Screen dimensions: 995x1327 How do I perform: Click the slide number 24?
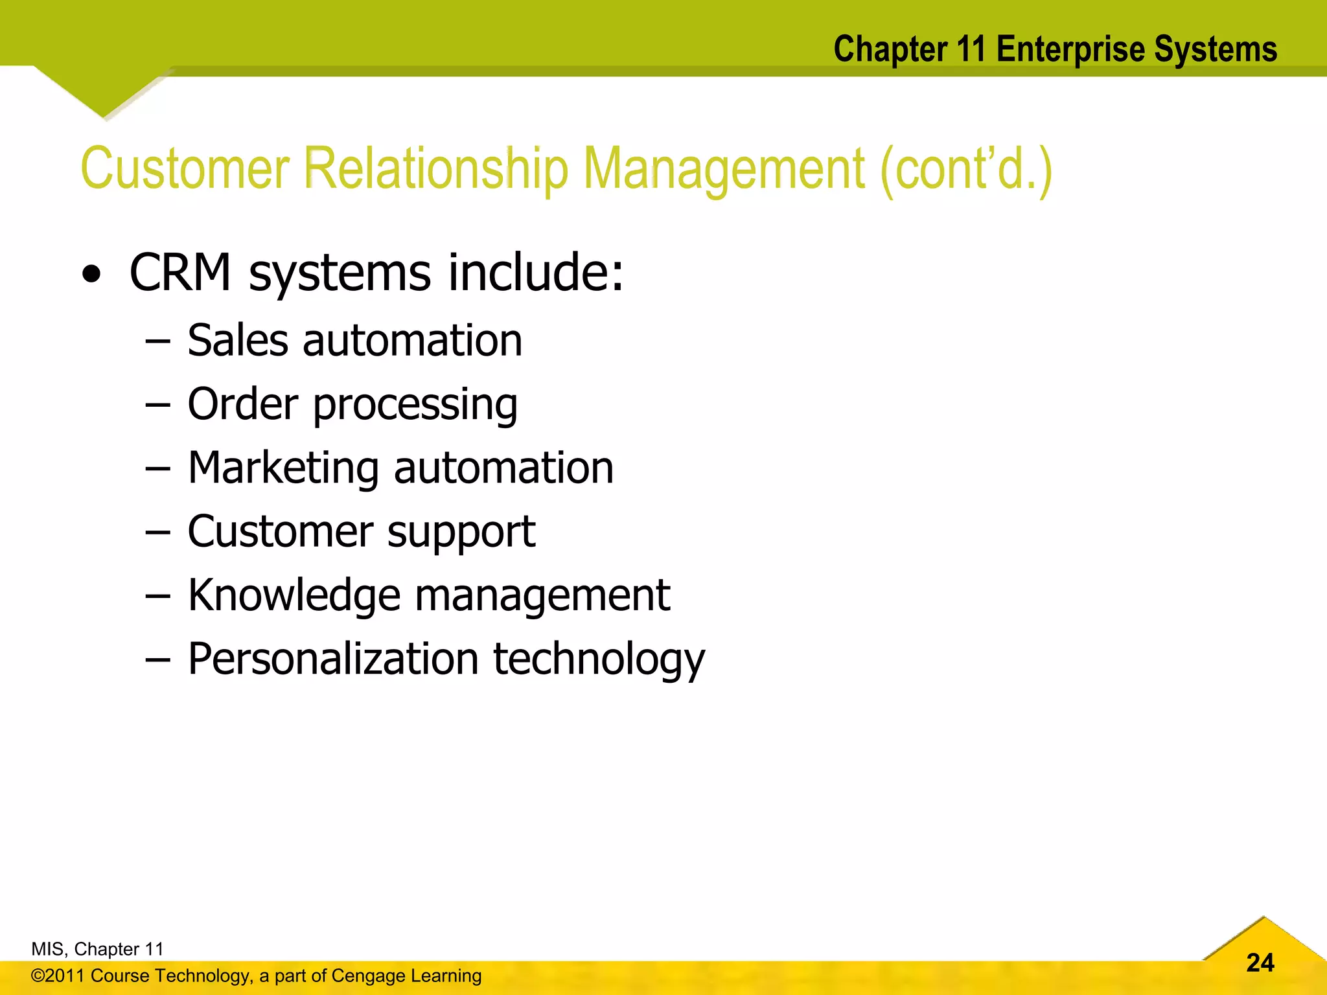coord(1260,963)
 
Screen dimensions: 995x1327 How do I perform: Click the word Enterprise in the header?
coord(1071,49)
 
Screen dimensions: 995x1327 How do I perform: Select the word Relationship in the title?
coord(435,169)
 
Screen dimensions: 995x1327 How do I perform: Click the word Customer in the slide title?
coord(185,169)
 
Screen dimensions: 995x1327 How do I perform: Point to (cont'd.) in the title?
coord(965,169)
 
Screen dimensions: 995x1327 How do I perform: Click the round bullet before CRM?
coord(92,275)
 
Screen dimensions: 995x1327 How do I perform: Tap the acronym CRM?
coord(180,272)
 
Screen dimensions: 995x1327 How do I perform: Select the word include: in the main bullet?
coord(535,272)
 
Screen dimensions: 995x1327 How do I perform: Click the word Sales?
coord(237,340)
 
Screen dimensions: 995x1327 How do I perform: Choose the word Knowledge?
coord(294,595)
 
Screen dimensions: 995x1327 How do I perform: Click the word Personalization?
coord(333,659)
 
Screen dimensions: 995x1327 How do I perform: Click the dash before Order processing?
coord(157,406)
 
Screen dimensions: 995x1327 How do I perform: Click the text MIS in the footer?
coord(47,949)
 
